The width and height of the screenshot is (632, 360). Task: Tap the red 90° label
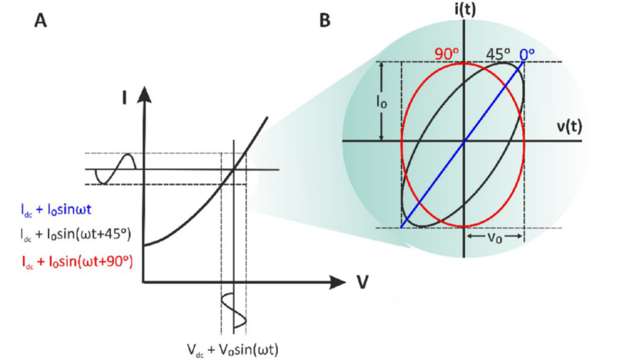(446, 53)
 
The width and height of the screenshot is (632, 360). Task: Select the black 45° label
(499, 53)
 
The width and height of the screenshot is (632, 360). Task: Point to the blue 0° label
(527, 53)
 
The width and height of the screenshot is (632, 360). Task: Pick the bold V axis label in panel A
(362, 282)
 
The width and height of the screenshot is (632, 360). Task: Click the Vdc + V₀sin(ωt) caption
(232, 349)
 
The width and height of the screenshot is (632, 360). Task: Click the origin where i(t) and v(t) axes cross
(464, 141)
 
